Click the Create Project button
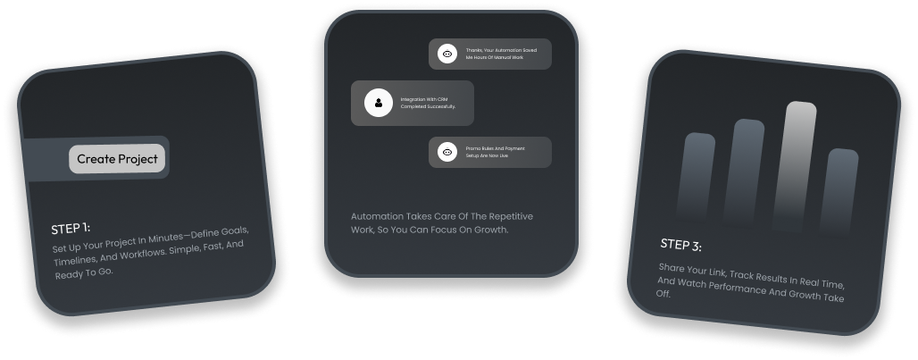[117, 159]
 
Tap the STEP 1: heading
[71, 228]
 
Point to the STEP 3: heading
[681, 245]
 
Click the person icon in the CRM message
[379, 103]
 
